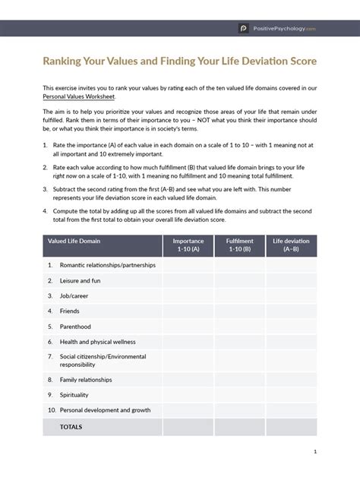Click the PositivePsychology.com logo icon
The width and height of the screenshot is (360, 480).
[x=244, y=28]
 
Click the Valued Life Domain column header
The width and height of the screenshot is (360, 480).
[x=74, y=241]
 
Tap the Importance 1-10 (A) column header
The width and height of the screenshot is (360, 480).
[x=188, y=245]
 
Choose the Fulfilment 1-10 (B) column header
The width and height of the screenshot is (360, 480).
[x=240, y=245]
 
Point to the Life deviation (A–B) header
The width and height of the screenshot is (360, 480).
[x=292, y=245]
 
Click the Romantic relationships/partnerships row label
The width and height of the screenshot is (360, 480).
[x=103, y=266]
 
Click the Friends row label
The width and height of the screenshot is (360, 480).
[x=70, y=311]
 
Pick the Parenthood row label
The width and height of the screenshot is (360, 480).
[x=76, y=326]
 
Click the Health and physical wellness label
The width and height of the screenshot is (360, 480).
[x=97, y=341]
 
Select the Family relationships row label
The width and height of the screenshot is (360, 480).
[x=86, y=379]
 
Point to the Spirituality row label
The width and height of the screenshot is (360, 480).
[x=74, y=394]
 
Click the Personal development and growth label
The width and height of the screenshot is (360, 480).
[x=105, y=409]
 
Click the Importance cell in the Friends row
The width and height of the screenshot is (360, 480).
[x=188, y=311]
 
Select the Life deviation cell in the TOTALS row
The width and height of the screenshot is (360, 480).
[x=292, y=427]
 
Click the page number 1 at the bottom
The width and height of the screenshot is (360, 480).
[x=314, y=452]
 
